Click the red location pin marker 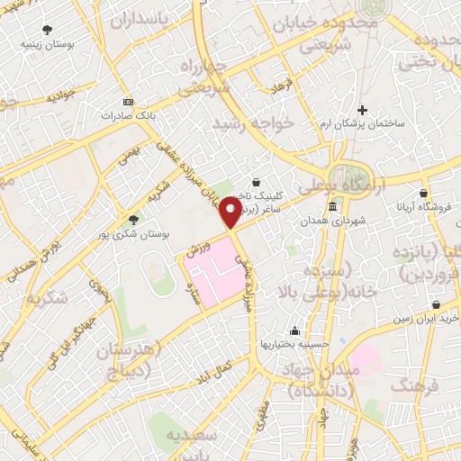232,211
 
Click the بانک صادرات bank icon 127,102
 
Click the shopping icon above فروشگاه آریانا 423,192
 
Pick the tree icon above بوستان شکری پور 134,219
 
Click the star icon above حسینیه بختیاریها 294,330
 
